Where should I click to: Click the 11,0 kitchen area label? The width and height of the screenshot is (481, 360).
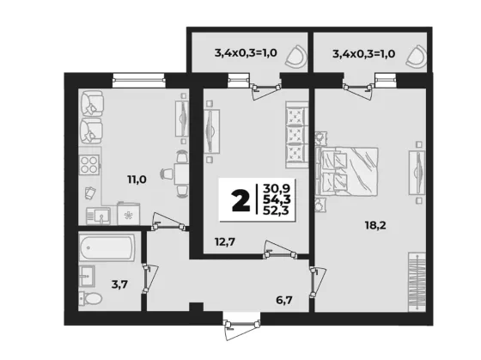point(137,180)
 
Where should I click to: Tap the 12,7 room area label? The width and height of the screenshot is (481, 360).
point(225,242)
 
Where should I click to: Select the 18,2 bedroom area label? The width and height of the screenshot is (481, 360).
point(375,226)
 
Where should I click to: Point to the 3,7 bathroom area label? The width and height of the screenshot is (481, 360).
point(119,284)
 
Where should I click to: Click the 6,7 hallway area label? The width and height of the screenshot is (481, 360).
point(284,300)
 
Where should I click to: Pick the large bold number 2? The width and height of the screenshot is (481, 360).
point(240,200)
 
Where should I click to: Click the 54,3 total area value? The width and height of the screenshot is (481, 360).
point(277,199)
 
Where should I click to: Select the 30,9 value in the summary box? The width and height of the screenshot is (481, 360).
point(277,188)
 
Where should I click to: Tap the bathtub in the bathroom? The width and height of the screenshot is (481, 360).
point(107,248)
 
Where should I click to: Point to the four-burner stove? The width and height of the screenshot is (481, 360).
point(89,165)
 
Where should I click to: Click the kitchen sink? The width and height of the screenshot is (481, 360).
point(98,216)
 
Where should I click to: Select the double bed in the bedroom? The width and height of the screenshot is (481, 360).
point(347,171)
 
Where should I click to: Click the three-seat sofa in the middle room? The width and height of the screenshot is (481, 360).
point(296,135)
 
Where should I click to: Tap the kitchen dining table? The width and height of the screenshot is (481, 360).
point(181,174)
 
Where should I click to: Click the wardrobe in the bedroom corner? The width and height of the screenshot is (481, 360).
point(417,282)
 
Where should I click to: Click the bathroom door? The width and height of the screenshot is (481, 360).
point(149,278)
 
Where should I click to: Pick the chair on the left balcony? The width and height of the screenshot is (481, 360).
point(296,57)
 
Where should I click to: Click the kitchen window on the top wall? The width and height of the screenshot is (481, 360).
point(139,81)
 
